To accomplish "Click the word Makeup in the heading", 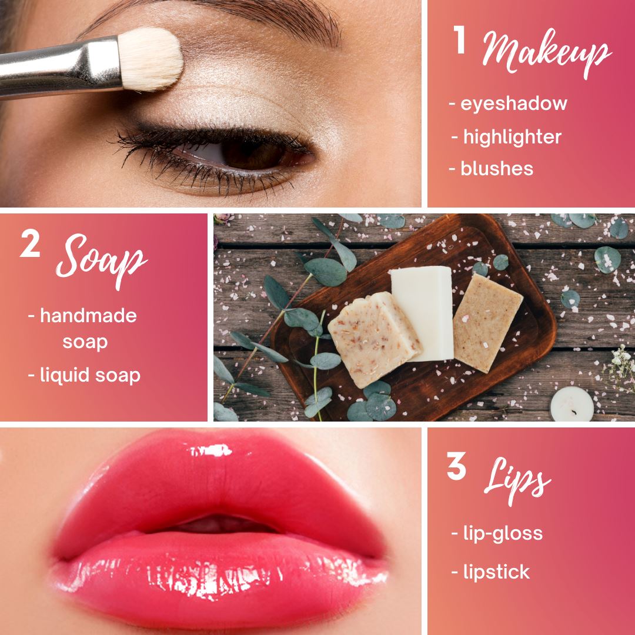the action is pos(547,53).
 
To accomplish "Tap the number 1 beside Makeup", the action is pos(459,40).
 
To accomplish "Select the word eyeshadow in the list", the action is pos(513,103).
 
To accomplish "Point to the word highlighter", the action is pos(512,137).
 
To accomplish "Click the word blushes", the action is pos(497,169).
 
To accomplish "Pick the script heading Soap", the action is pos(101,261).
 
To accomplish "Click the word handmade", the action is pos(88,316).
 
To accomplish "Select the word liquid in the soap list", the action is pos(65,375).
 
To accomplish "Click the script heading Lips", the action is pos(517,480).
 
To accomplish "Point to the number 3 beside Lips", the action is pos(456,466).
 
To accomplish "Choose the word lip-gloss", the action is pos(503,534).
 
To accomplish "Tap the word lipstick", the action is pos(496,572).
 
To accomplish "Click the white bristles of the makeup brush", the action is pos(150,59).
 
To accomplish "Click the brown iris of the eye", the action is pos(251,154).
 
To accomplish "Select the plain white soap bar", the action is pos(422,313).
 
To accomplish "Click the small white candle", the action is pos(572,404).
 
